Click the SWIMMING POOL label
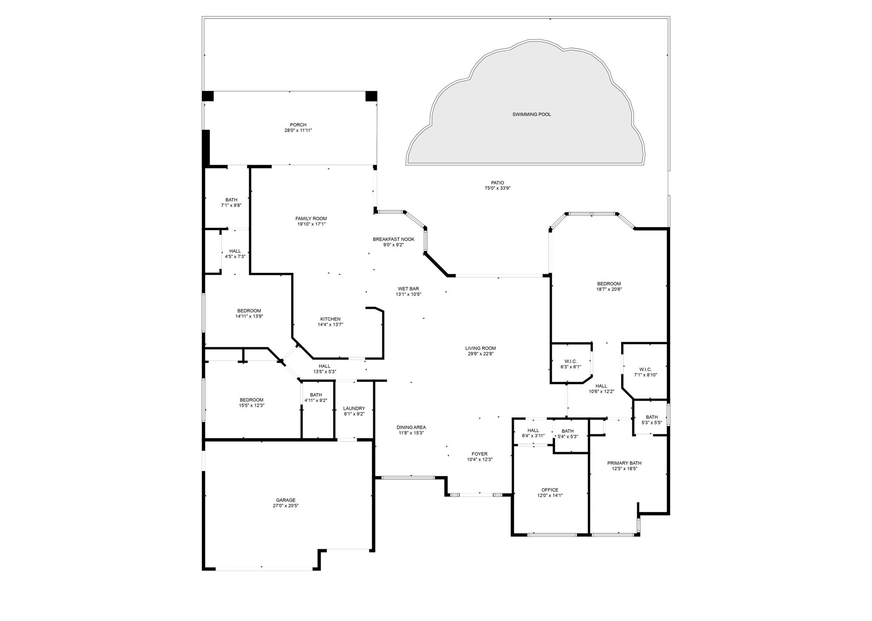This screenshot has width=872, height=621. (531, 115)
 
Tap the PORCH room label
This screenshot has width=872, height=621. (298, 125)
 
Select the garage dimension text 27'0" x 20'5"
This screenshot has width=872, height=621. (285, 506)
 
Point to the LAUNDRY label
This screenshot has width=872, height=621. (354, 408)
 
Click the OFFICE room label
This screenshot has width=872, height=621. (550, 490)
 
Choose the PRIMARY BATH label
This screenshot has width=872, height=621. (624, 463)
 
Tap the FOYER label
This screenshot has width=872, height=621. (479, 454)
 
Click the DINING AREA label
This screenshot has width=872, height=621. (411, 428)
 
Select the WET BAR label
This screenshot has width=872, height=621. (408, 289)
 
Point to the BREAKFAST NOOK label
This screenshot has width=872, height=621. (393, 239)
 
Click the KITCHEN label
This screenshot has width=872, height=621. (330, 319)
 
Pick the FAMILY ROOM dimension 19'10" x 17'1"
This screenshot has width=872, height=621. (311, 224)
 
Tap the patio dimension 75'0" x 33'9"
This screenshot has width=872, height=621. (497, 188)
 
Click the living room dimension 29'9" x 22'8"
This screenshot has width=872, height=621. (480, 354)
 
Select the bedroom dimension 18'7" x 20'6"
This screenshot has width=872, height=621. (609, 289)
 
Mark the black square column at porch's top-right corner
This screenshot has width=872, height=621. (371, 96)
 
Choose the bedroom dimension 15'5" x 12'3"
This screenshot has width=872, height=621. (252, 405)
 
